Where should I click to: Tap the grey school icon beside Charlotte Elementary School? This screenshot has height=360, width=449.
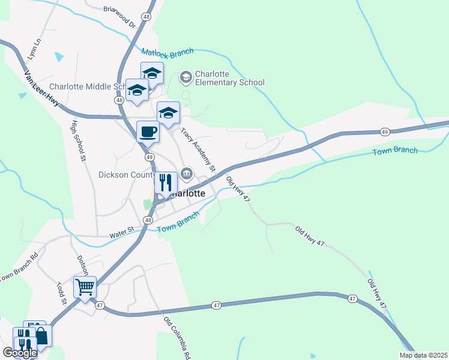[185, 77]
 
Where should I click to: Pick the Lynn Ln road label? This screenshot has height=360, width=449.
[34, 49]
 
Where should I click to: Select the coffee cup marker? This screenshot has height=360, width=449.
[148, 131]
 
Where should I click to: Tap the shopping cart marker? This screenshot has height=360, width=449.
[85, 287]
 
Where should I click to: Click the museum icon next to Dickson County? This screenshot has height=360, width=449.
[187, 175]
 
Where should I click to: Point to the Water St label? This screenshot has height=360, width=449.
[120, 236]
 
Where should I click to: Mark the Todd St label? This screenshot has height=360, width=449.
[61, 293]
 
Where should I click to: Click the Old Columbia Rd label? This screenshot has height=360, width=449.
[178, 335]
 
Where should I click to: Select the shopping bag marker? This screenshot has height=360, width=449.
[41, 335]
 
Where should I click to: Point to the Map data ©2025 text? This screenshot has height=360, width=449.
[423, 355]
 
